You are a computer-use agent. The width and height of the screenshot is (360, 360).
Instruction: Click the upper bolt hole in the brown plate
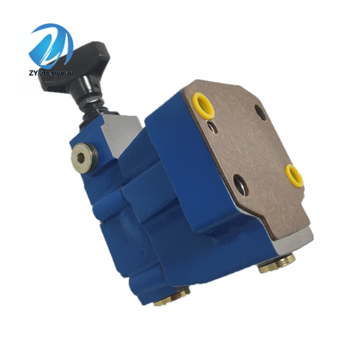259,112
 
